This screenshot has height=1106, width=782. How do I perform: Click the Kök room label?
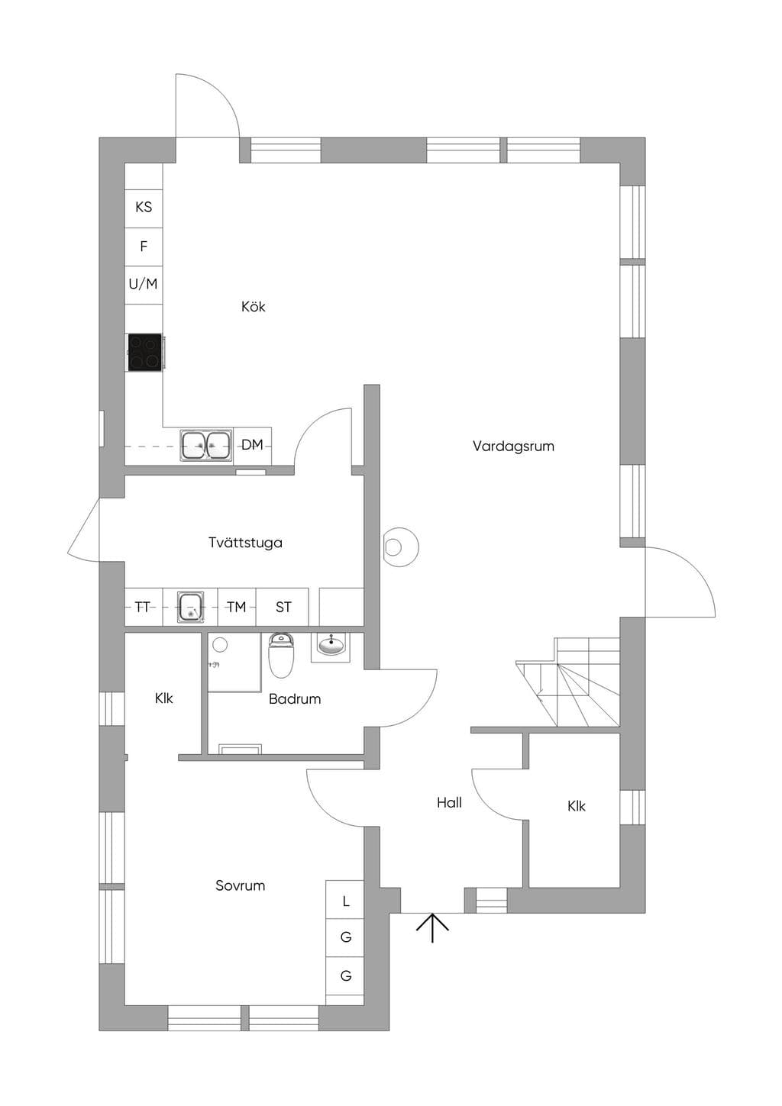point(254,307)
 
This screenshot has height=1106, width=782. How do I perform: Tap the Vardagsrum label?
point(513,447)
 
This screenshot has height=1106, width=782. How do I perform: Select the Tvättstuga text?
point(245,543)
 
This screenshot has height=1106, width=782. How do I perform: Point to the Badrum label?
point(295,698)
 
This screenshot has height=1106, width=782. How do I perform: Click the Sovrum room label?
point(240,885)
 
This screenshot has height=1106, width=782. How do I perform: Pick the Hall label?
point(449,802)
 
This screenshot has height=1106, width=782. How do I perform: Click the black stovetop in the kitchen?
point(145,352)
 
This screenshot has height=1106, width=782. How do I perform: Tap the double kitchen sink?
point(206,445)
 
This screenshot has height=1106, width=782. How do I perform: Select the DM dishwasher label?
point(252,445)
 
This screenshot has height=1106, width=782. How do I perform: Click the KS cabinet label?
point(144,207)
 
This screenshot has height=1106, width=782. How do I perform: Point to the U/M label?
point(143,284)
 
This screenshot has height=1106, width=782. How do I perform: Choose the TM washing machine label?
point(237,607)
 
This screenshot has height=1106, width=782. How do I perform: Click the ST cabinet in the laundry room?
point(283,607)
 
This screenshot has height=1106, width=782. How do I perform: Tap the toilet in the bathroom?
point(281,655)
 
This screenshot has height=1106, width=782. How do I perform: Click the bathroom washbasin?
point(330,647)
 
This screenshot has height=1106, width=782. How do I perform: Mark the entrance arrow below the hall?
point(432,927)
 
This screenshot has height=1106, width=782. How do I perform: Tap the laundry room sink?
point(191,607)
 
